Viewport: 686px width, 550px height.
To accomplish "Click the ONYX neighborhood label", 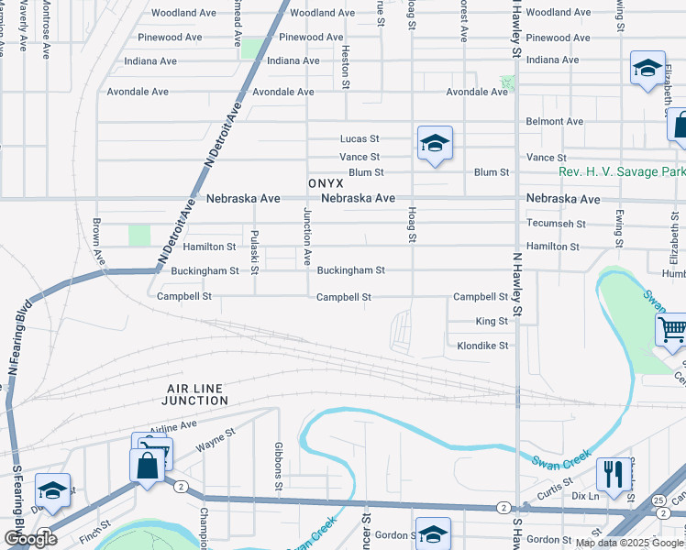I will [x=326, y=183].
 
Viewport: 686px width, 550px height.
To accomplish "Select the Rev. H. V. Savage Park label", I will [x=622, y=172].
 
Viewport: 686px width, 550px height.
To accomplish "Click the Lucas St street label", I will [x=360, y=138].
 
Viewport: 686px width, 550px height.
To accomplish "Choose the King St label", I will [x=492, y=322].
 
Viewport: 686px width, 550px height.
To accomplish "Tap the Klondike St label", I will [x=482, y=346].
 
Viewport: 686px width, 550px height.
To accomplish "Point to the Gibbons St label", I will [x=278, y=465].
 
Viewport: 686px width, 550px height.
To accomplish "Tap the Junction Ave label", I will [x=307, y=237].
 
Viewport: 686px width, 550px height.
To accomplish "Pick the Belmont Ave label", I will [x=554, y=121].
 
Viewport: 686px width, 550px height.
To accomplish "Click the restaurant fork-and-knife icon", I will [x=614, y=473].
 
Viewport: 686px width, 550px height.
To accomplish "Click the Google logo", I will [x=30, y=539].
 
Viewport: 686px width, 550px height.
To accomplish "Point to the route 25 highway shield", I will [x=659, y=500].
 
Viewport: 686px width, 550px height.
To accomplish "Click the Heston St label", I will [x=346, y=67].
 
